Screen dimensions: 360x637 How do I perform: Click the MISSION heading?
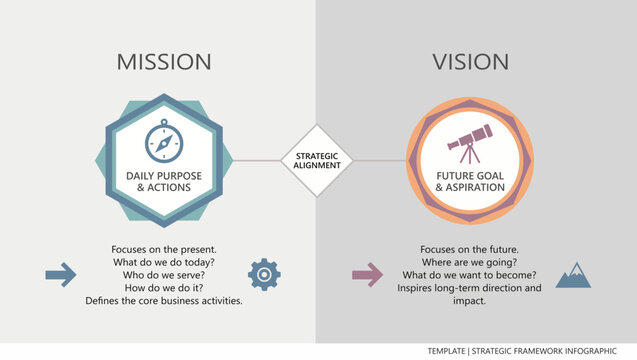tap(164, 62)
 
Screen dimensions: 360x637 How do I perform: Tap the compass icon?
tap(164, 142)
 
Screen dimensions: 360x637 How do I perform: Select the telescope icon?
tap(469, 139)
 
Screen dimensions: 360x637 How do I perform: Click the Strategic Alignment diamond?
tap(317, 160)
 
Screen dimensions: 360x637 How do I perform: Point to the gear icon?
tap(264, 274)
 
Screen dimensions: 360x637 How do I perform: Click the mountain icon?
tap(572, 274)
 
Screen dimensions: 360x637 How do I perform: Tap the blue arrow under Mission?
tap(61, 274)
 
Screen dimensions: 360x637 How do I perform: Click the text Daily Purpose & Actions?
tap(164, 181)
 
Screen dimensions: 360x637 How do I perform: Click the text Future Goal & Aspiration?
tap(469, 181)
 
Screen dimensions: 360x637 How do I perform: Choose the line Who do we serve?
tap(164, 274)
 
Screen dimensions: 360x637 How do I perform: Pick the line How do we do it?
tap(164, 287)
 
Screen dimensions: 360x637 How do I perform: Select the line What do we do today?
tap(164, 261)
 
